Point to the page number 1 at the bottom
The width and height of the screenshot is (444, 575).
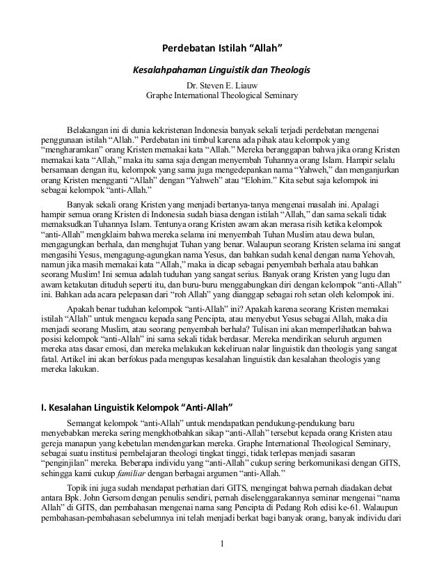pyautogui.click(x=222, y=562)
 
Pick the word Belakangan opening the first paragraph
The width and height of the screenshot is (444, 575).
pyautogui.click(x=89, y=130)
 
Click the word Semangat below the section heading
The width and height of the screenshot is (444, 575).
pyautogui.click(x=87, y=423)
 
